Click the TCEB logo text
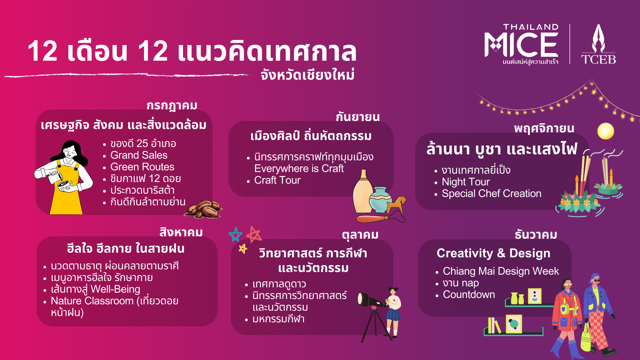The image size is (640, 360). point(598,60)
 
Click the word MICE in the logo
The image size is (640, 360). point(521,45)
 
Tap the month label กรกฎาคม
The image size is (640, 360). point(172,106)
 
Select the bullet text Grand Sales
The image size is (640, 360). point(139,155)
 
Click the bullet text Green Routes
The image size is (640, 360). point(142,167)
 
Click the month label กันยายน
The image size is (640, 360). point(358,117)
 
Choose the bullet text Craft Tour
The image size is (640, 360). point(277,180)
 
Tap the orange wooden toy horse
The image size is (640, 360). point(396,205)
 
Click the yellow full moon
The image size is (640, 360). point(606,131)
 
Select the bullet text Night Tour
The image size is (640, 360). point(466,182)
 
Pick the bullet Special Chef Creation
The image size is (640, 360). point(491,194)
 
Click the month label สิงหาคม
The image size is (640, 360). point(181,232)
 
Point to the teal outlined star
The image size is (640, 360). point(236,234)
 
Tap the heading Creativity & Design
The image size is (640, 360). point(493,253)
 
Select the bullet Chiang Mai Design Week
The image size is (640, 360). point(501,271)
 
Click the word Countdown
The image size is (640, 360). point(469,295)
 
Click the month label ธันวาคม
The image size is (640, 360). point(536,235)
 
